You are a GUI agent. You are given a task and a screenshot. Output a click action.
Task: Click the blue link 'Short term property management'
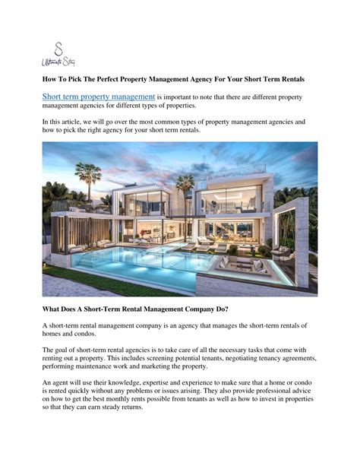(x=99, y=97)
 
